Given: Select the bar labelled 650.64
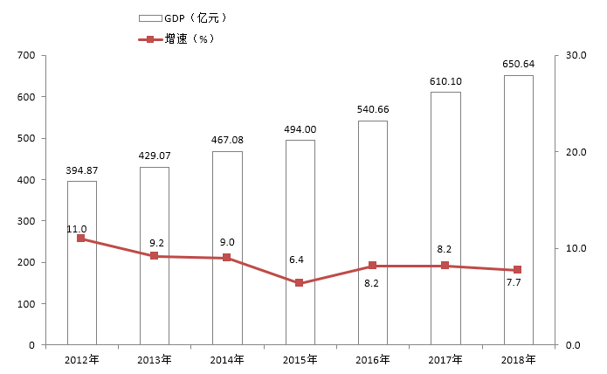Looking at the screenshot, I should [518, 210].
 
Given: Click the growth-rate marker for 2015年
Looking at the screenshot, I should [300, 283].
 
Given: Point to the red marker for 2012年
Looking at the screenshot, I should [81, 239].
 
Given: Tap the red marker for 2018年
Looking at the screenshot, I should [518, 270].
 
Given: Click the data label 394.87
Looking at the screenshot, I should [82, 170].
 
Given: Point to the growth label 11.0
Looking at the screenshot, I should [77, 229].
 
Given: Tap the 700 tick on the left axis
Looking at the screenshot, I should [25, 56].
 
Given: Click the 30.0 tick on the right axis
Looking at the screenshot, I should [576, 56].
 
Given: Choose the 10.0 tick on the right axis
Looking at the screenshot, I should [576, 249].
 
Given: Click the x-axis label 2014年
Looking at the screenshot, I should [227, 359].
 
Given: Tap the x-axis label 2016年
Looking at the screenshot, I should [373, 359].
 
